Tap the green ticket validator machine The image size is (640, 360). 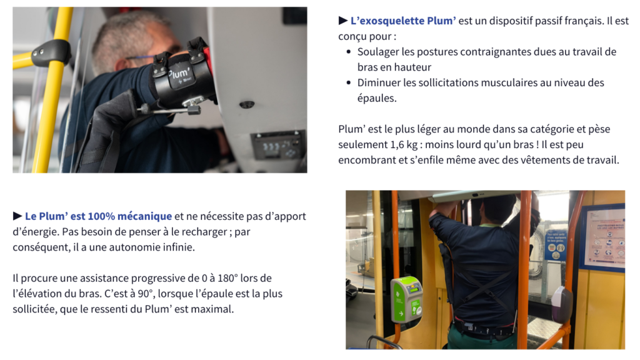(406, 299)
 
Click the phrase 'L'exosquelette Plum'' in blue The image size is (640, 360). (403, 21)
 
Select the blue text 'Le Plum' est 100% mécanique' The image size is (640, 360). (98, 216)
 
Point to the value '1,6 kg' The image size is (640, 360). (404, 145)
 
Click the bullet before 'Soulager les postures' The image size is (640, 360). (348, 52)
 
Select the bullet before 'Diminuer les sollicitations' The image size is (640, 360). (348, 83)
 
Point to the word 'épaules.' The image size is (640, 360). (377, 98)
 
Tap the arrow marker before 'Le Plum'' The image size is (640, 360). (17, 216)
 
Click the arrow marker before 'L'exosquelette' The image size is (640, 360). (343, 21)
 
